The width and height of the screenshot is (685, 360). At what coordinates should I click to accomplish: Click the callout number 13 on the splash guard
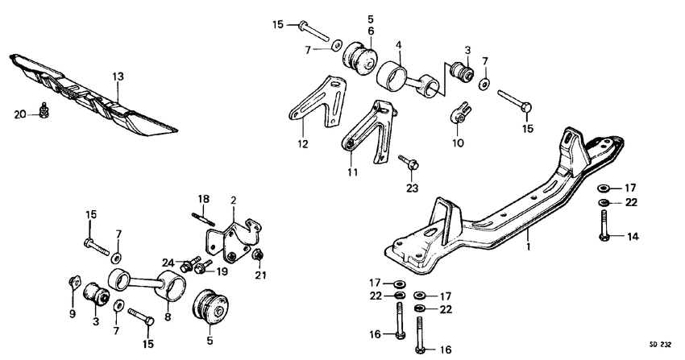point(118,77)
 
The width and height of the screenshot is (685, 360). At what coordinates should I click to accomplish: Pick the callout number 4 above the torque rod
point(399,46)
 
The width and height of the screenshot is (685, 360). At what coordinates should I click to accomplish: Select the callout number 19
point(222,271)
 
